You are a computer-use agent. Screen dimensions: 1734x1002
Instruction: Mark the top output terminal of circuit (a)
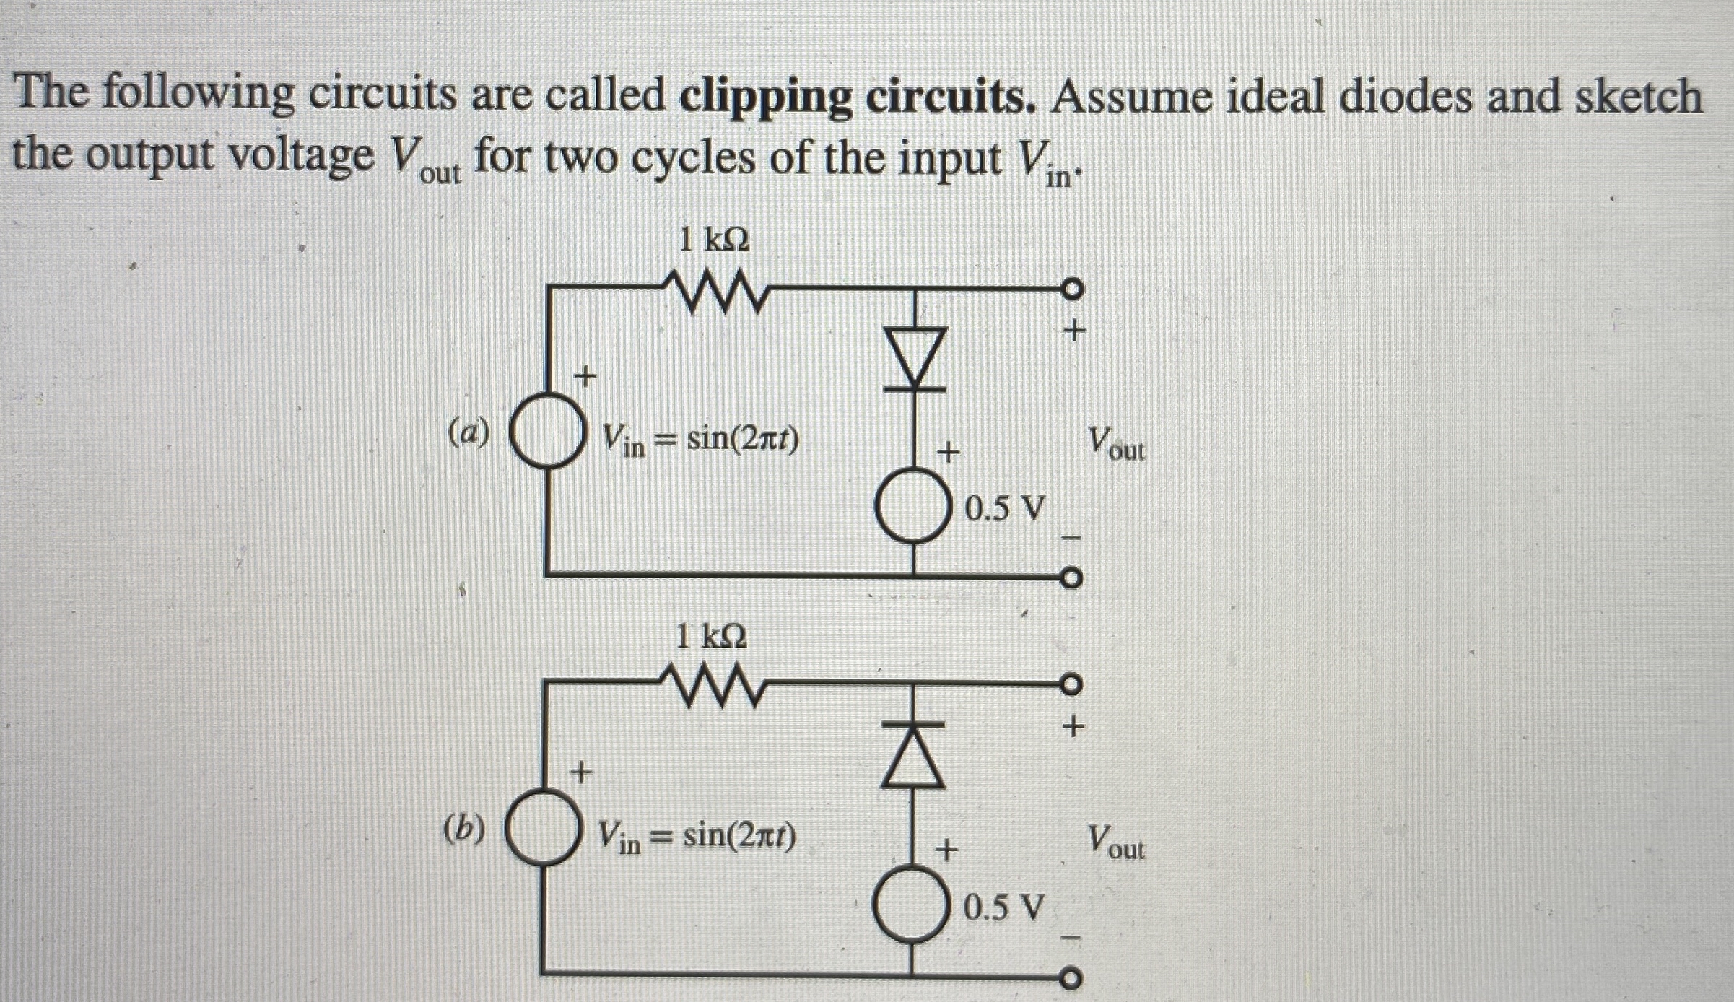pyautogui.click(x=1072, y=289)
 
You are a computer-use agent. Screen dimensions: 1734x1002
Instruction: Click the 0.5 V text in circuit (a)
pyautogui.click(x=1004, y=510)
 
